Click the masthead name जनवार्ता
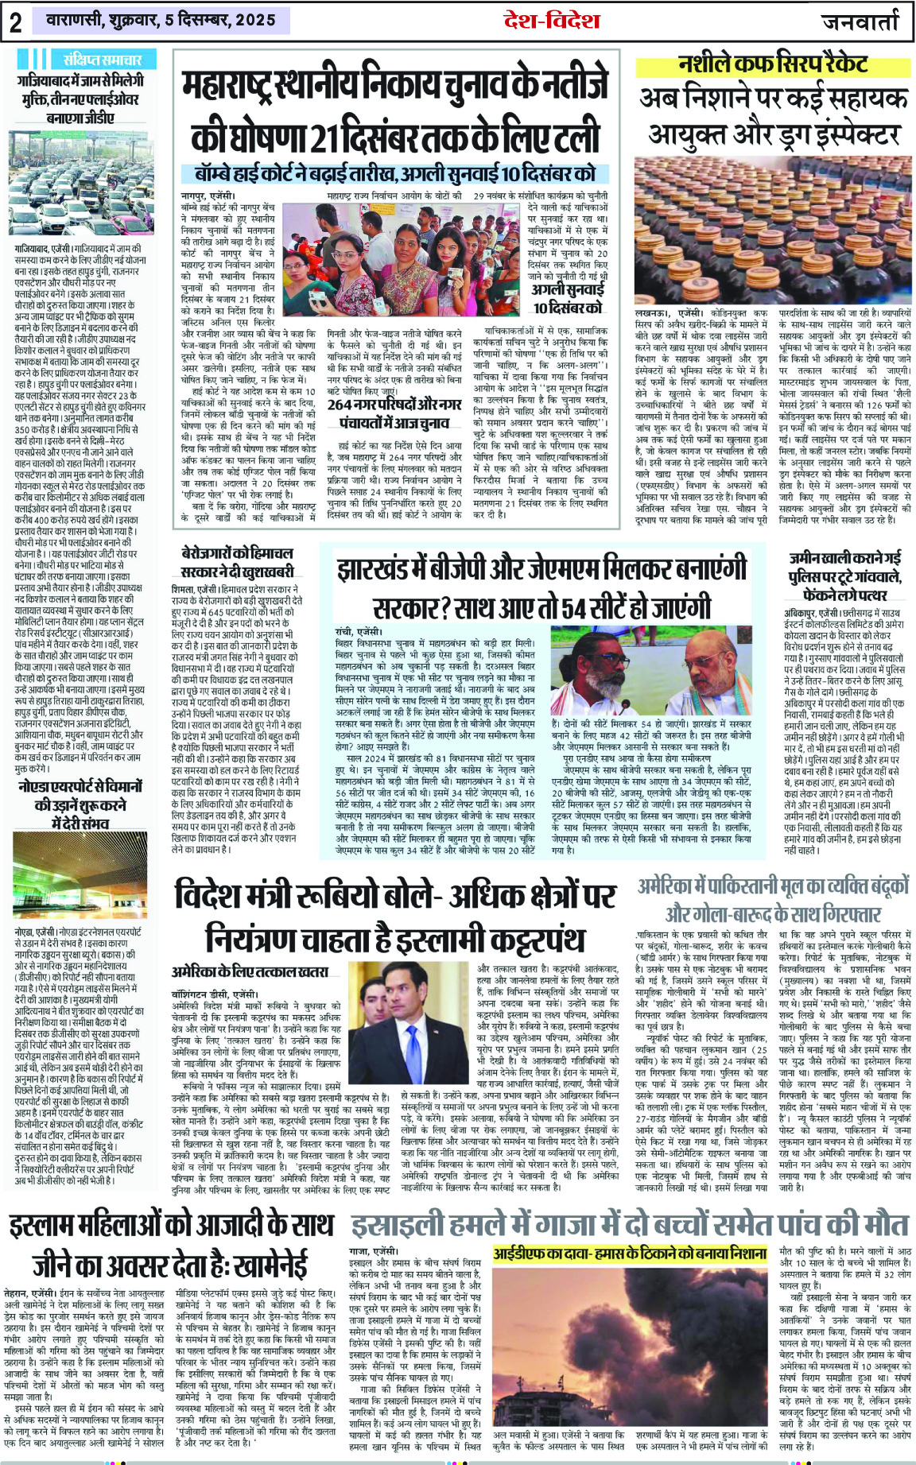[x=860, y=22]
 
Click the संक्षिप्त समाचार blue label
[x=102, y=60]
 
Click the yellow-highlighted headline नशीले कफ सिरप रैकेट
[x=773, y=64]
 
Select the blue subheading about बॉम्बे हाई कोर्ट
[x=395, y=174]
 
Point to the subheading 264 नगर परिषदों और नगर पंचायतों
[x=394, y=413]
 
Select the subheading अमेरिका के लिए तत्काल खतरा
[x=250, y=971]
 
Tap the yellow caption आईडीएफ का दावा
[x=630, y=1254]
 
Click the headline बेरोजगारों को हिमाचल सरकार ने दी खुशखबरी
[x=238, y=561]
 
